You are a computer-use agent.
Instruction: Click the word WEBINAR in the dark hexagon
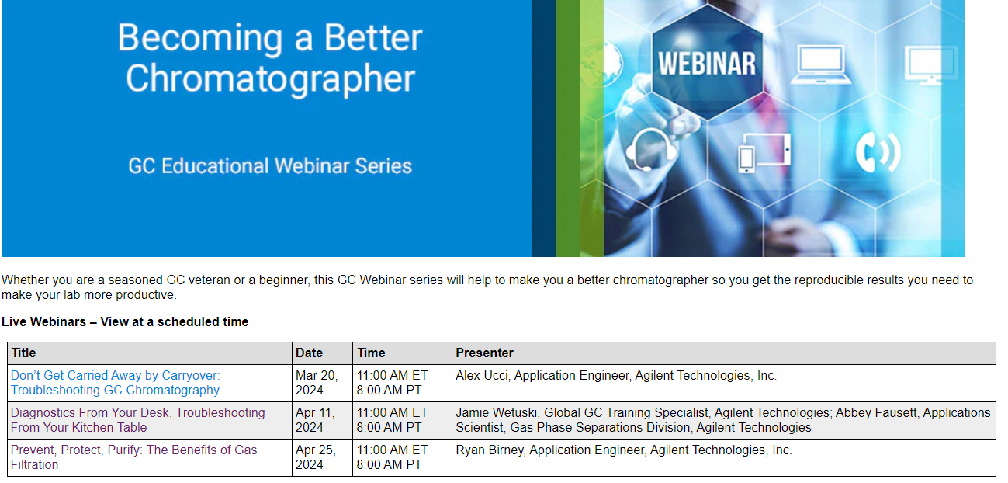pos(707,64)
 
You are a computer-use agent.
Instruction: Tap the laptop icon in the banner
pos(821,64)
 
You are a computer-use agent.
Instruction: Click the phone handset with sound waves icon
pos(878,152)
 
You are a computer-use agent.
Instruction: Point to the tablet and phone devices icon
pos(764,153)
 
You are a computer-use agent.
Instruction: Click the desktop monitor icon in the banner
pos(930,64)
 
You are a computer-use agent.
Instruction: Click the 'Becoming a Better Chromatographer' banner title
pos(270,57)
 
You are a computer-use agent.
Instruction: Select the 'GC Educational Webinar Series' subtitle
pos(270,165)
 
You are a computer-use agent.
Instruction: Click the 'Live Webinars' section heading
pos(125,321)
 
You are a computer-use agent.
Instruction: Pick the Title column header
pos(23,353)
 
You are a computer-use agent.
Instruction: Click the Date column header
pos(309,353)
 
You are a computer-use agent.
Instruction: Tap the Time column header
pos(371,353)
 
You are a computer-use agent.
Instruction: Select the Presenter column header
pos(485,353)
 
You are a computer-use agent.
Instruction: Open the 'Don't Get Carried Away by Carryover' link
pos(115,383)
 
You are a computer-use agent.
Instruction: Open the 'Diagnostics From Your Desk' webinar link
pos(137,420)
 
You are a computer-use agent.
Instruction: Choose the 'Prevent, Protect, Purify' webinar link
pos(133,457)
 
